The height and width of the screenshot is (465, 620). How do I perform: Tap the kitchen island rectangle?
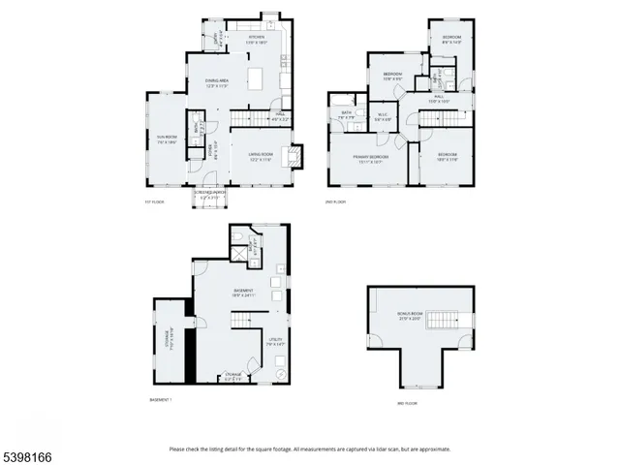point(257,78)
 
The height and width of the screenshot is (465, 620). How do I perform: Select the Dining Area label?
point(216,82)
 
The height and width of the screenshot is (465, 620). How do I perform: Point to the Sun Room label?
point(167,139)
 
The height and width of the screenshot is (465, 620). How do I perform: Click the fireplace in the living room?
point(298,154)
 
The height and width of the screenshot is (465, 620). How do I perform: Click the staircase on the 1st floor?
point(248,119)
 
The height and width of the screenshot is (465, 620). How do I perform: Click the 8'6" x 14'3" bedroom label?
point(451,42)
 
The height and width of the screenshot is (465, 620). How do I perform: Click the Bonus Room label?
point(410,317)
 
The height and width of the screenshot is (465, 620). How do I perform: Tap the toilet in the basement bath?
point(236,235)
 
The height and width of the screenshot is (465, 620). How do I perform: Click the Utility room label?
point(276,341)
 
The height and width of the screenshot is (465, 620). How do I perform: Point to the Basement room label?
point(242,294)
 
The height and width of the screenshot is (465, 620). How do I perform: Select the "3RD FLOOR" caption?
point(406,402)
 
